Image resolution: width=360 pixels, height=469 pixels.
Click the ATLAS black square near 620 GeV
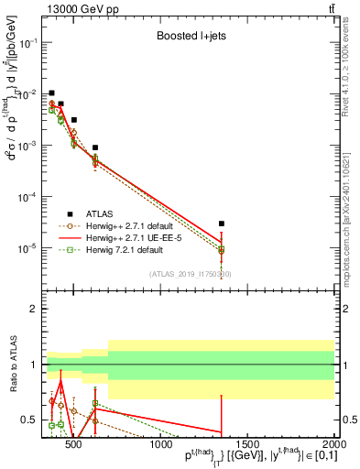[95, 147]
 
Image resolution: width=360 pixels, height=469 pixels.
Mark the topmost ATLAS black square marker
[52, 93]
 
